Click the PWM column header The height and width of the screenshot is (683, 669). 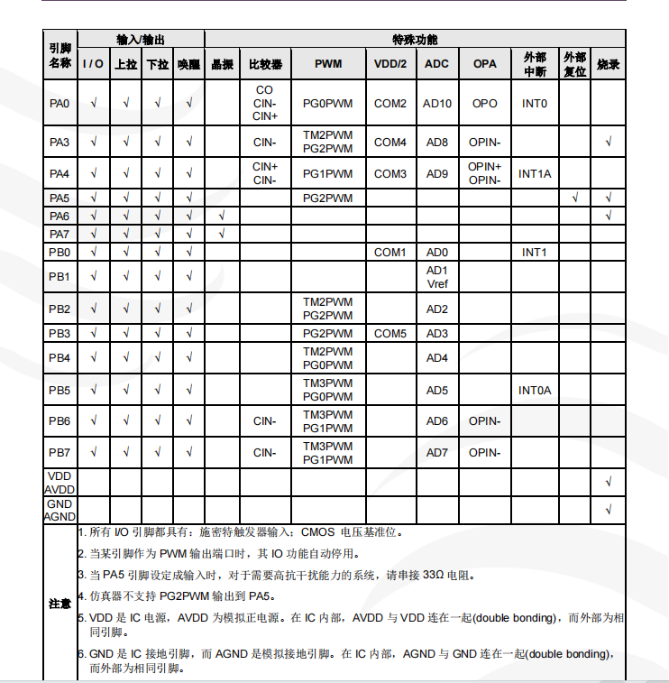[328, 65]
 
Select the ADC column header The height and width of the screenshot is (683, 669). [436, 65]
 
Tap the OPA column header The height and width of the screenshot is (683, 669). [484, 65]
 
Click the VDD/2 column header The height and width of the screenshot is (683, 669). [390, 65]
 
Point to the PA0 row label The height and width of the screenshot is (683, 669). [60, 104]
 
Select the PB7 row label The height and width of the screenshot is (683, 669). [60, 453]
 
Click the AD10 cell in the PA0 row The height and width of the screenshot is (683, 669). [436, 104]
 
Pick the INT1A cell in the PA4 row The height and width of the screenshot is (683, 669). [535, 173]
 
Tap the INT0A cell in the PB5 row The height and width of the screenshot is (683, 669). [535, 391]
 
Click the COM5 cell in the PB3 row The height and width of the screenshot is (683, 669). [390, 334]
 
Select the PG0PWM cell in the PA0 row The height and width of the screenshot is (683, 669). [328, 104]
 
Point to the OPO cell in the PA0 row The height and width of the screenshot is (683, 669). [484, 104]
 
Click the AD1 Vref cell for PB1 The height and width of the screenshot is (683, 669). [436, 277]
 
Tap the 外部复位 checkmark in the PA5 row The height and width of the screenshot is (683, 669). [575, 198]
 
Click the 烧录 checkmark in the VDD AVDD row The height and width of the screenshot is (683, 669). [609, 483]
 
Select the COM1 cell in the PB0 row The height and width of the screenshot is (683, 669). [390, 253]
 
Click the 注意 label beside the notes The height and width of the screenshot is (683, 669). [60, 603]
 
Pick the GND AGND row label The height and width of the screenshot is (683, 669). [60, 510]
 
